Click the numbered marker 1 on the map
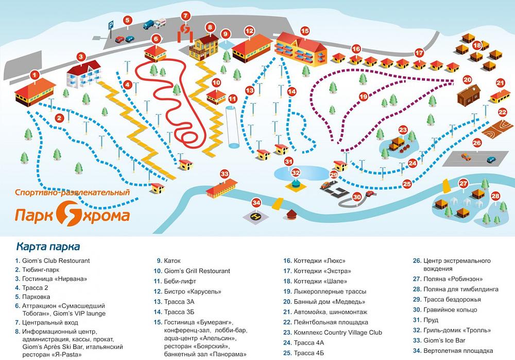coord(35,75)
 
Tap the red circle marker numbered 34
coord(257,202)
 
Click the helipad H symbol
coord(255,218)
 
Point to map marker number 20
coord(467,80)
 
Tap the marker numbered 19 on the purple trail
coord(363,96)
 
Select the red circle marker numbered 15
coord(305,31)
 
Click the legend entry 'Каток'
coord(172,261)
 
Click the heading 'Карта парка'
coord(48,246)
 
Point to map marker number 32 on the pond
coord(295,172)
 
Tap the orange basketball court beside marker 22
coord(493,127)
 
